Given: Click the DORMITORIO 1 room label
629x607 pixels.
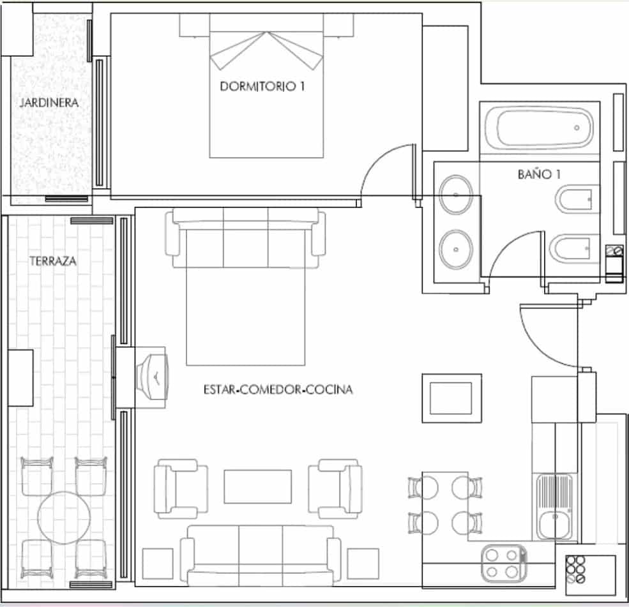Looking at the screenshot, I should coord(262,87).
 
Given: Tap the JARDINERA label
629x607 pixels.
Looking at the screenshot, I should coord(49,102).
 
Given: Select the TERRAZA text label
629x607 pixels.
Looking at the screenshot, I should coord(52,261).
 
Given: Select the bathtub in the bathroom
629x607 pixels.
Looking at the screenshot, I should coord(540,128).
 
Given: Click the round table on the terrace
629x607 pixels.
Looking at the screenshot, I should coord(63,516).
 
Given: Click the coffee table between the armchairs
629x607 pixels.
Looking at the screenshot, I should coord(257,486).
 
